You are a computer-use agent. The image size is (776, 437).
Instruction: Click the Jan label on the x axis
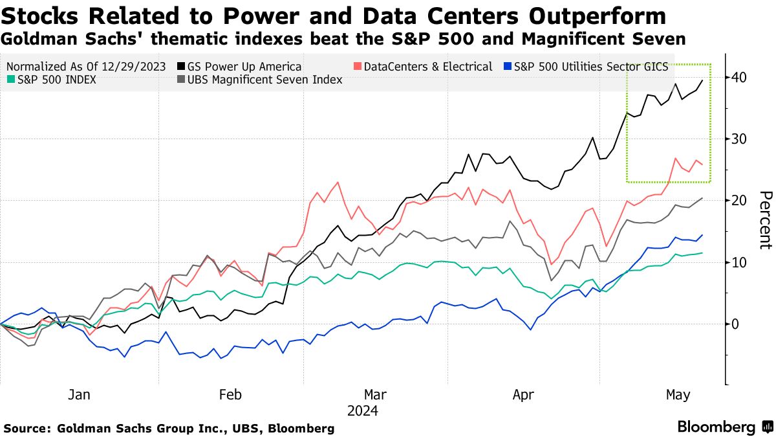coord(79,395)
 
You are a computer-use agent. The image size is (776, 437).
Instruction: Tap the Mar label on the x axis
coord(376,395)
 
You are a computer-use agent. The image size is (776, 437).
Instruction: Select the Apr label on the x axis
coord(524,395)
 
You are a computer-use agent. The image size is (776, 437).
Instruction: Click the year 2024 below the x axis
coord(363,411)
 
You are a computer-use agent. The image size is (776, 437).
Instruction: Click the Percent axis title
coord(765,220)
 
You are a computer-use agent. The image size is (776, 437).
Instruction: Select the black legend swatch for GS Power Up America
coord(179,67)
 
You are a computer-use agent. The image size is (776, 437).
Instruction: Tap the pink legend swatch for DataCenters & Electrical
coord(357,67)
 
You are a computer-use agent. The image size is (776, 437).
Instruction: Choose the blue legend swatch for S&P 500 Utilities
coord(508,67)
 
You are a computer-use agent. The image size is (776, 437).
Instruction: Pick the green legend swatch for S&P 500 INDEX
coord(10,80)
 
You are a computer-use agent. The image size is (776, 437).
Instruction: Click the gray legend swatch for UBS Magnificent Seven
coord(179,80)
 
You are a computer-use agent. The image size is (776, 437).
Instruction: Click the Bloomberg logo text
coord(716,427)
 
